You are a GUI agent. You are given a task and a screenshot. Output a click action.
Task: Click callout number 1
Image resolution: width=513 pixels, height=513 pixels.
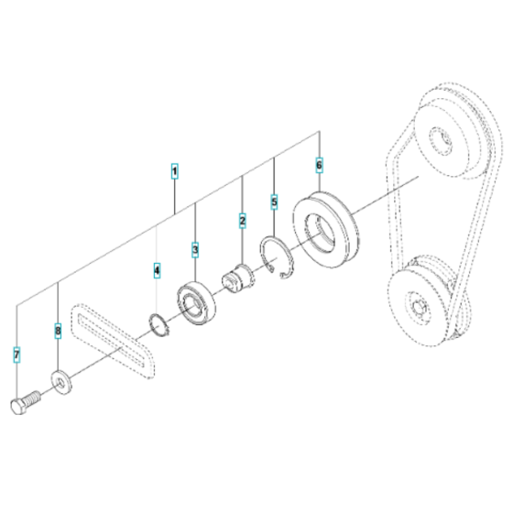[x=175, y=170]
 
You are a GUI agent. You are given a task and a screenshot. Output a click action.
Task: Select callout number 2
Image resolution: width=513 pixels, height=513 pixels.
[x=243, y=220]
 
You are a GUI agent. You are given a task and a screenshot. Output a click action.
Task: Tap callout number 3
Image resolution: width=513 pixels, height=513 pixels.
[x=195, y=249]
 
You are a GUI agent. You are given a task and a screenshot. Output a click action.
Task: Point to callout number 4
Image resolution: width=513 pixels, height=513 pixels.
[x=157, y=270]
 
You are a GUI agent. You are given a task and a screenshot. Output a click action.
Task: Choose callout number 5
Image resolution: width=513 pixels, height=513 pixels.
[x=274, y=200]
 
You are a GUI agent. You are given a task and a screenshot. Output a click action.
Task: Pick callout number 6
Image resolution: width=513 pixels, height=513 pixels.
[x=319, y=165]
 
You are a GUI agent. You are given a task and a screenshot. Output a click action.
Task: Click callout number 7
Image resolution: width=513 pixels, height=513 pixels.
[x=17, y=353]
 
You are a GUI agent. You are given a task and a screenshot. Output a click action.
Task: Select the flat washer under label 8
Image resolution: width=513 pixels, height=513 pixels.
[x=61, y=377]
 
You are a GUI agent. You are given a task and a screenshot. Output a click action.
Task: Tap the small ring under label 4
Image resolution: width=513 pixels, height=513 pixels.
[x=158, y=323]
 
